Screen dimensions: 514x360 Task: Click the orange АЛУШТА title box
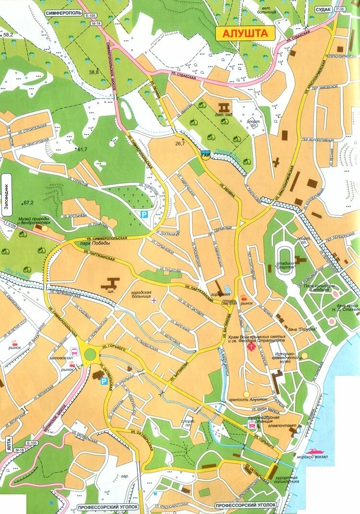tap(245, 33)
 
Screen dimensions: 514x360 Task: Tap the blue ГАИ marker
tap(205, 155)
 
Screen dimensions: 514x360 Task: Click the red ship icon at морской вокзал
tap(315, 451)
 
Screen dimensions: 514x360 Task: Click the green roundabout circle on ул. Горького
tap(90, 355)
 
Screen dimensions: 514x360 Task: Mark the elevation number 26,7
tap(180, 143)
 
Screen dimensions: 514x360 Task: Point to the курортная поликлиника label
tap(287, 480)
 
